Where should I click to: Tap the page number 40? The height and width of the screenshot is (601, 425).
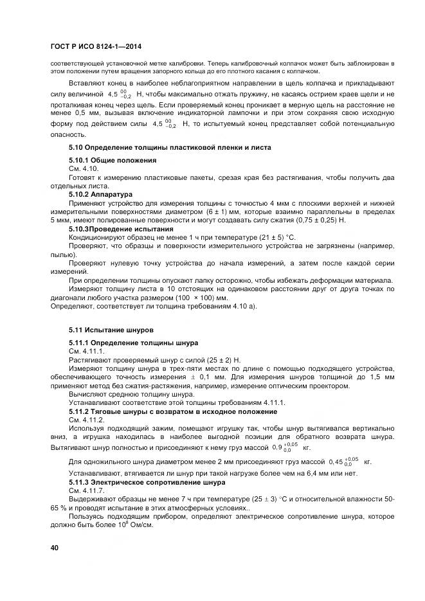click(55, 547)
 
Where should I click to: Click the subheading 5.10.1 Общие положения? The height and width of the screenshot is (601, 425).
click(113, 159)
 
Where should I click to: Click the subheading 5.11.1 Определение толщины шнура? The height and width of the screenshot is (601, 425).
click(133, 343)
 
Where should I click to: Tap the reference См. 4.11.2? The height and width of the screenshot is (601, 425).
click(87, 419)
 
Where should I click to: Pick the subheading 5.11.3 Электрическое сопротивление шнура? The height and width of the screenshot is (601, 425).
click(147, 481)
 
